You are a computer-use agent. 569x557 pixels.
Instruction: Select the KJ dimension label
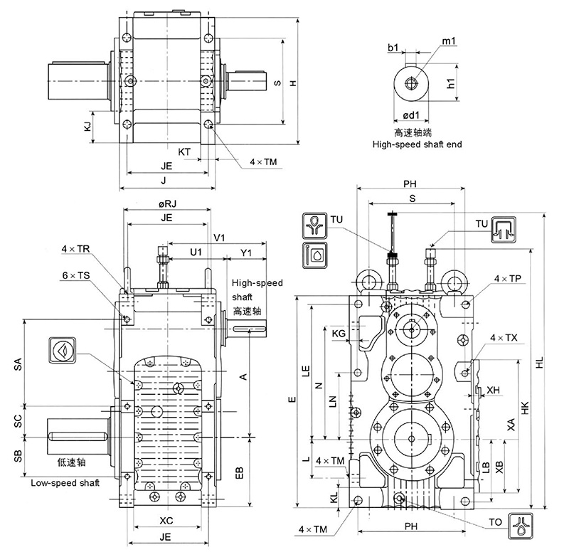(87, 127)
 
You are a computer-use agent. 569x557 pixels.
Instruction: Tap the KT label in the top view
(184, 152)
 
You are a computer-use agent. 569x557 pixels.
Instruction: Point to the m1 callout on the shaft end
(450, 43)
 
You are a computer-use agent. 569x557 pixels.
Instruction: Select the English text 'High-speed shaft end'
(418, 144)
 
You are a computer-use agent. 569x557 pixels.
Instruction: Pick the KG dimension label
(339, 332)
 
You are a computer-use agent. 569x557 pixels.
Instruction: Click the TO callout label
(496, 523)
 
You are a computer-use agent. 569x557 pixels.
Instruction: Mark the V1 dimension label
(220, 238)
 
